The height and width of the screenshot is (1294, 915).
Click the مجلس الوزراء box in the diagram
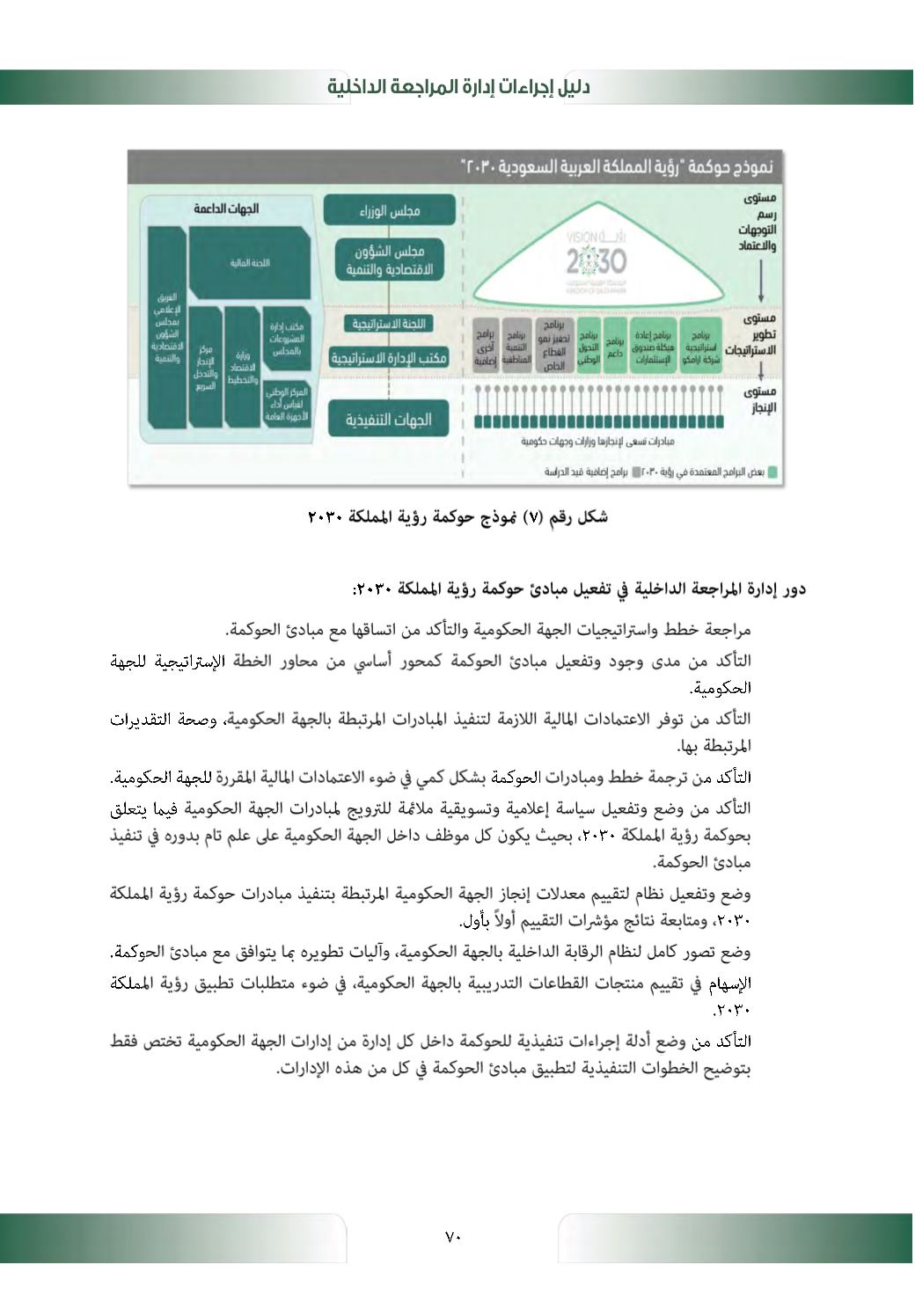[390, 211]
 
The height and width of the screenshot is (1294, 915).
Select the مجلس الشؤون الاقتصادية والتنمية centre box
[390, 260]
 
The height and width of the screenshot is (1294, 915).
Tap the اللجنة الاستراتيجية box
[389, 324]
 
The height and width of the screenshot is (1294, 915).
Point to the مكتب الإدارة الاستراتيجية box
[389, 357]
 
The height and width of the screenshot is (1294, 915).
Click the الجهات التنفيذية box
[389, 420]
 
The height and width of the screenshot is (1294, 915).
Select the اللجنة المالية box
[250, 262]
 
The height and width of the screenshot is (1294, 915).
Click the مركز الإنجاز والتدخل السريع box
[205, 367]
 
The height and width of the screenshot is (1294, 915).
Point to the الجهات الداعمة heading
[226, 208]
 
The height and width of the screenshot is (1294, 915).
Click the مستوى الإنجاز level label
[759, 399]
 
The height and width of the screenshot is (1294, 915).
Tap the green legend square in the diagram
[772, 472]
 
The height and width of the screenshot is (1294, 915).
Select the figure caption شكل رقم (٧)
[457, 517]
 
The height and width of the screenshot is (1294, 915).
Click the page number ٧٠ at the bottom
[453, 1237]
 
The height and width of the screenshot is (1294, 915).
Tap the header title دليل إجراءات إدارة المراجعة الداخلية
[458, 87]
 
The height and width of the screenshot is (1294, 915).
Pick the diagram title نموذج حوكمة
[617, 166]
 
